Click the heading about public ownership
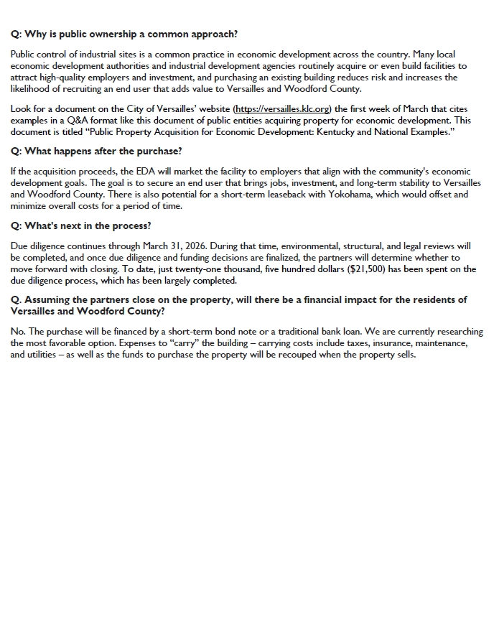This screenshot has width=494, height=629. click(x=124, y=34)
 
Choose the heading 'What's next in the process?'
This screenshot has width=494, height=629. click(x=81, y=225)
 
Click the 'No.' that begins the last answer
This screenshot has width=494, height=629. click(x=18, y=332)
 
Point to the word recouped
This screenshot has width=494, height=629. click(x=317, y=355)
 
